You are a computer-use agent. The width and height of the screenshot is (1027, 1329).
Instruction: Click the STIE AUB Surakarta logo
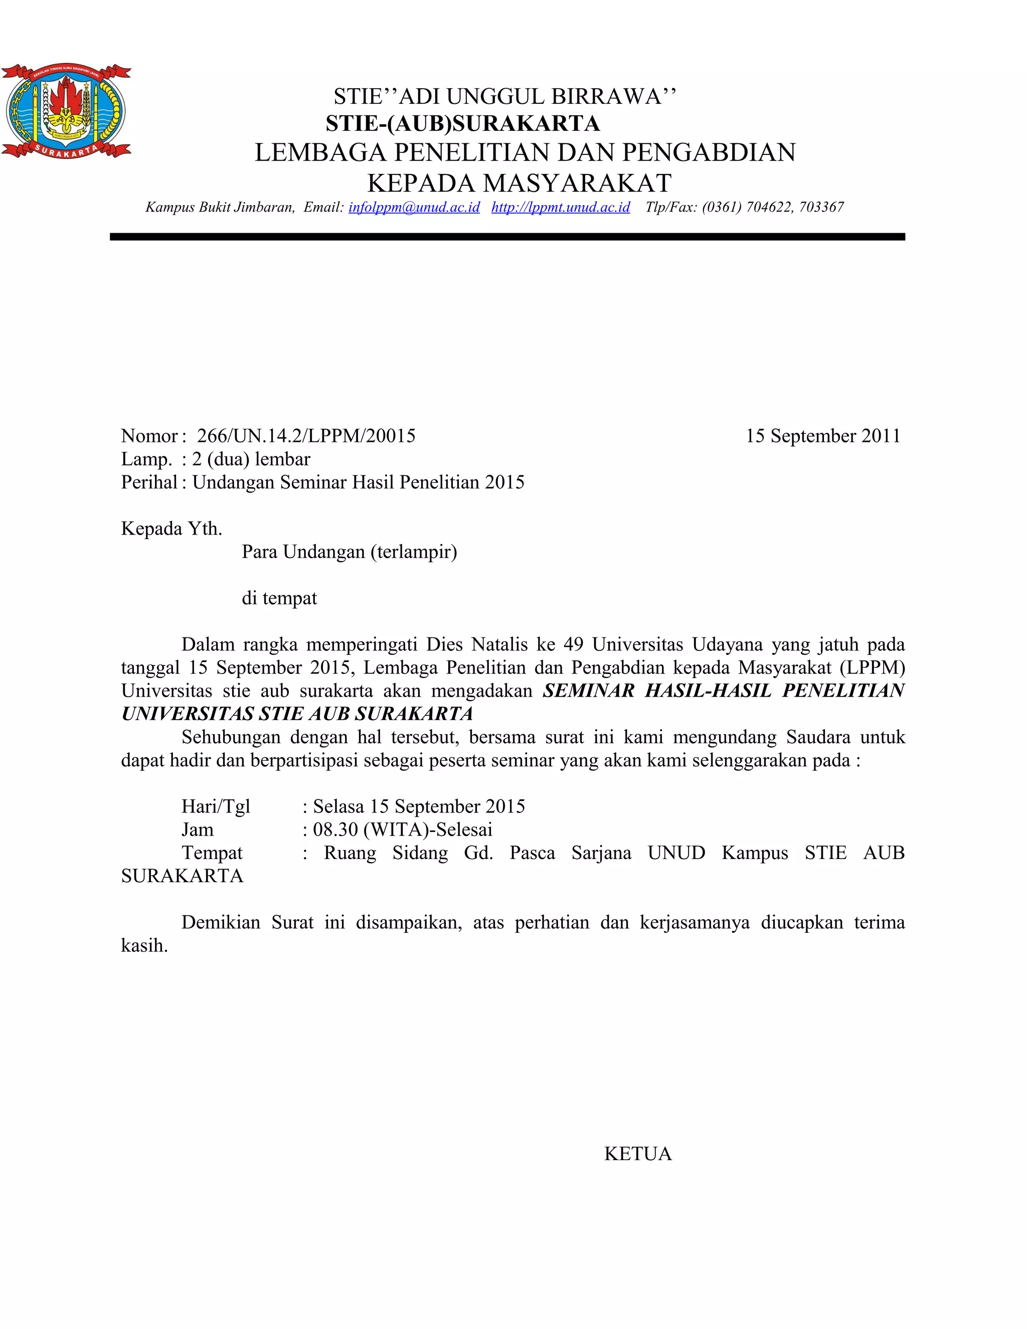(66, 110)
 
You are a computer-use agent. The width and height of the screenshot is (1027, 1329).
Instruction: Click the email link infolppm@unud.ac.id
(414, 208)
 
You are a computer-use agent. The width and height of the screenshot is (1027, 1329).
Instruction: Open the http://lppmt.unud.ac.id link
(560, 208)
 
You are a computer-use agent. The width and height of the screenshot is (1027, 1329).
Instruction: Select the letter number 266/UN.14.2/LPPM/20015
(306, 436)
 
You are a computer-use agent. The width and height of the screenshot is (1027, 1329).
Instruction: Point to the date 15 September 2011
(822, 436)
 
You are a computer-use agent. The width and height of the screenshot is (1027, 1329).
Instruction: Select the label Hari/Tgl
(215, 807)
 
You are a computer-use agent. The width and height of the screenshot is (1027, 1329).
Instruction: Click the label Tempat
(212, 853)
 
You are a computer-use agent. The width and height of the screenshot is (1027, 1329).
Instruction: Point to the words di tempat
(279, 599)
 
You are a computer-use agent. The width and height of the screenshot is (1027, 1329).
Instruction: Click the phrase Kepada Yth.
(172, 529)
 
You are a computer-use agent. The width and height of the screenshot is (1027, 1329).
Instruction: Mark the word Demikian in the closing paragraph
(221, 922)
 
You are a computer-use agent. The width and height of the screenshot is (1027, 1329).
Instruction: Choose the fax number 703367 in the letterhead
(821, 208)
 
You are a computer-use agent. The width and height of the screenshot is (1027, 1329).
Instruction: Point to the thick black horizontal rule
(507, 237)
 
